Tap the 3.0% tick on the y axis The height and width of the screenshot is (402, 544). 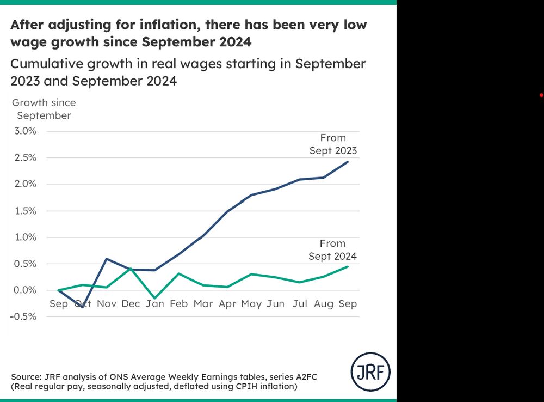tap(24, 131)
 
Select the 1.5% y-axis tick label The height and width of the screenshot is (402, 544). tap(24, 211)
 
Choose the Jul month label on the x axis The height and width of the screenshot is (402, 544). tap(300, 303)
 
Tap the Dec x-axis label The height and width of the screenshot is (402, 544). tap(131, 303)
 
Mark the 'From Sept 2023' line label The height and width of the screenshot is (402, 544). tap(333, 144)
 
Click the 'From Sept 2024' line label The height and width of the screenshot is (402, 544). tap(332, 250)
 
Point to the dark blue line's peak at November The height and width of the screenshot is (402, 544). tap(107, 259)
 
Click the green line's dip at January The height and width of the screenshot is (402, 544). tap(155, 299)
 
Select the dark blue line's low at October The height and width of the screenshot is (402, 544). tap(82, 307)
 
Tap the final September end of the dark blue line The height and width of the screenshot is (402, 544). tap(348, 162)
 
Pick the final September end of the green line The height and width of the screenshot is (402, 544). tap(348, 266)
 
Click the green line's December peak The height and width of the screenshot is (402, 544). tap(131, 268)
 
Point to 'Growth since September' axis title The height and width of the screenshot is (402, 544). tap(44, 109)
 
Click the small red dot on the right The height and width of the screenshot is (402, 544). tap(541, 95)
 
